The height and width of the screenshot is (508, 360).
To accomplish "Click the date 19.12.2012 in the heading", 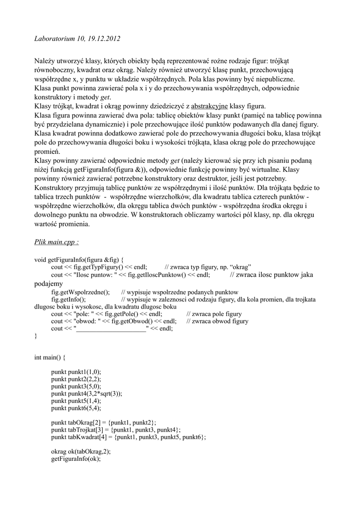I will coord(102,38).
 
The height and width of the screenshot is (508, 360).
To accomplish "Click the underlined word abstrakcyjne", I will coord(209,107).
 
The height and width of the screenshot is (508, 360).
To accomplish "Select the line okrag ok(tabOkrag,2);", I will coord(80,451).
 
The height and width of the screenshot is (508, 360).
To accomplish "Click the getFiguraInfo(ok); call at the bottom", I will coord(75,459).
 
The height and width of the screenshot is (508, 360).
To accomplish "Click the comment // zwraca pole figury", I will coord(214,314).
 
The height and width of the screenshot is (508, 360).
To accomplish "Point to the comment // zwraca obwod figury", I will coord(217,321).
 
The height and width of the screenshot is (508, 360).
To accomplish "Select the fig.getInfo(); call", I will coord(68,300).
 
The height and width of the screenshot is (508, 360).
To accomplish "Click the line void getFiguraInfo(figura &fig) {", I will coord(79,259).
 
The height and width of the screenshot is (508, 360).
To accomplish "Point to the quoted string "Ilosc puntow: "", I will coord(94,274).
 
